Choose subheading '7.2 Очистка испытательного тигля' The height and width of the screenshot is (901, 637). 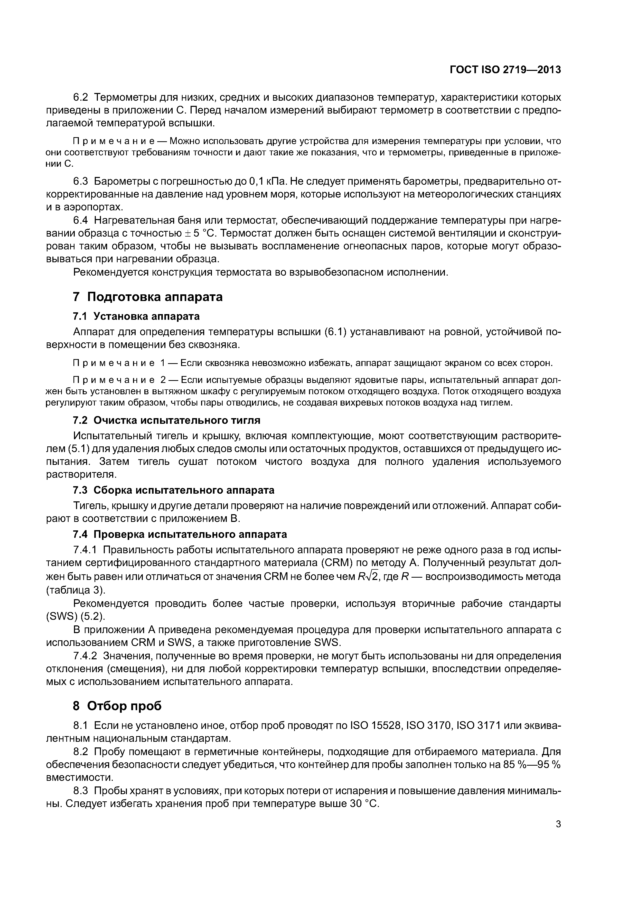coord(166,420)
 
